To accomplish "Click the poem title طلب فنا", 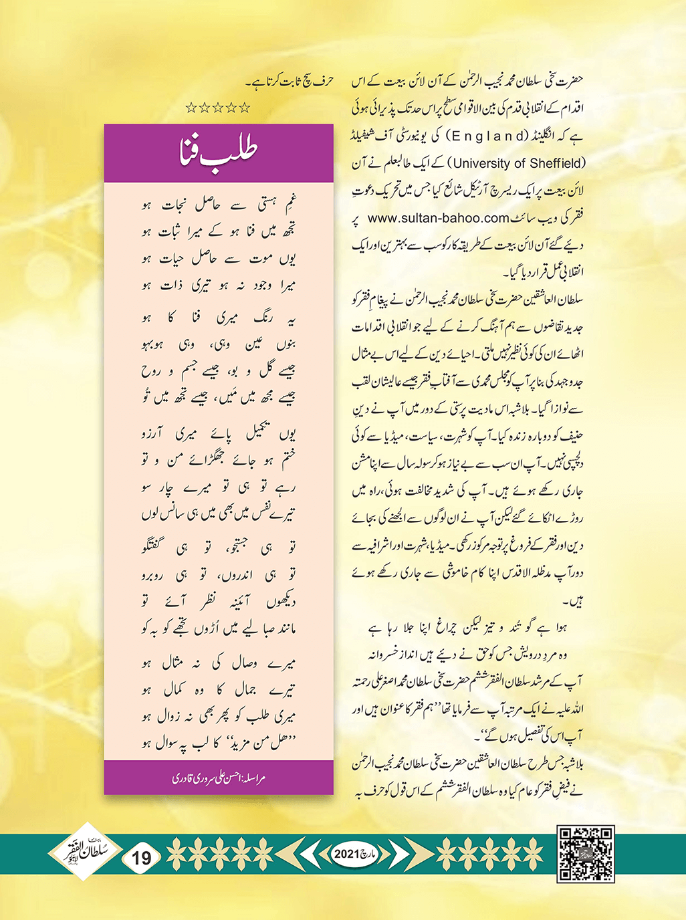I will (219, 153).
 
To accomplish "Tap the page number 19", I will (142, 857).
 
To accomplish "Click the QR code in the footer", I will (586, 854).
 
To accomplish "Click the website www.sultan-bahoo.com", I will (439, 217).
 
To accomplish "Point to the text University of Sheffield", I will (519, 162).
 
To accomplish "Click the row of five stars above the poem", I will (218, 107).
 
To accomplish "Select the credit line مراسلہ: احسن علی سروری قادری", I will (219, 778).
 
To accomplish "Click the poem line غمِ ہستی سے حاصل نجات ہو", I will (219, 205).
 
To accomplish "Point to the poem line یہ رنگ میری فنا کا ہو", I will (219, 318).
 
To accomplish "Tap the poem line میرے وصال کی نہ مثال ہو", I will (219, 664).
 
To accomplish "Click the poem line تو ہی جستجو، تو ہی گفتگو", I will (219, 548).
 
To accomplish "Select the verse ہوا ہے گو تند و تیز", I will (468, 629).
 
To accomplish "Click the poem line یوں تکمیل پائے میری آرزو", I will (219, 435).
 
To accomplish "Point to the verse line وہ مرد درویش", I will (468, 655).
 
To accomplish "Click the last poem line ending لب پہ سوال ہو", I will (219, 743).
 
